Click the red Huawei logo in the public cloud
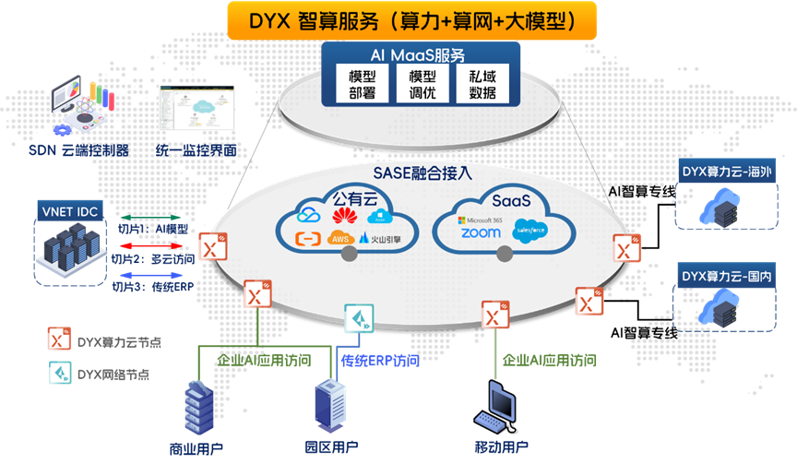343,216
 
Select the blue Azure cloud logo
379,216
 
